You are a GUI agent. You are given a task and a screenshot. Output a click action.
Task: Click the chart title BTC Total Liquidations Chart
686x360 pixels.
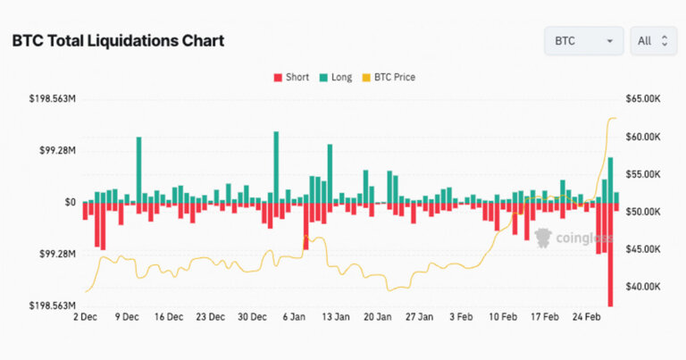pos(117,41)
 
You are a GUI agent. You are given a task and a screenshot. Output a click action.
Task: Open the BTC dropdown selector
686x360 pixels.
pos(583,41)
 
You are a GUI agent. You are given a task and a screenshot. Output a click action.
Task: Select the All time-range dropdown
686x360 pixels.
pos(652,41)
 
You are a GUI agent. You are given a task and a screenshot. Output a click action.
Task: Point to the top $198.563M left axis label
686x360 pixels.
pos(53,98)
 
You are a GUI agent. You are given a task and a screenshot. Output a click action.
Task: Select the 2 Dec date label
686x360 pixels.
pos(85,317)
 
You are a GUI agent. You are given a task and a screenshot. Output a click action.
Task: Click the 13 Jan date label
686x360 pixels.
pos(335,317)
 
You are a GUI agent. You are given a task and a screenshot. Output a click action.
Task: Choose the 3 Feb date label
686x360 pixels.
pos(462,317)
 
